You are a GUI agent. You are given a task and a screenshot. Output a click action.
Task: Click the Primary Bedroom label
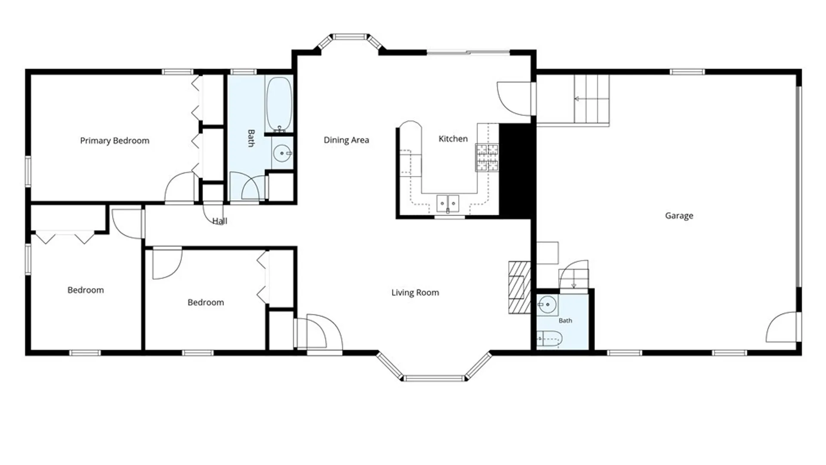114,141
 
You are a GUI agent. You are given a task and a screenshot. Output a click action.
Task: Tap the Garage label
679,216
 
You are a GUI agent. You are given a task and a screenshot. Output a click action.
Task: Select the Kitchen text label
453,139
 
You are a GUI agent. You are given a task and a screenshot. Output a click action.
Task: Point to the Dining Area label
346,140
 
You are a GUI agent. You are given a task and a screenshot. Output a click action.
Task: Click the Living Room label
415,293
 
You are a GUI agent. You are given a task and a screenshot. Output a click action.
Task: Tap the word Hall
219,221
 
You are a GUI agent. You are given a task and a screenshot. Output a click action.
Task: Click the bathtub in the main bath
279,104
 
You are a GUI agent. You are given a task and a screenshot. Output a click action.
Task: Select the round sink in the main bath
282,153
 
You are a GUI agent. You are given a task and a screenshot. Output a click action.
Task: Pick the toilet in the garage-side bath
549,339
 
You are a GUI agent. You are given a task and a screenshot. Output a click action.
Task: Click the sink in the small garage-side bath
547,305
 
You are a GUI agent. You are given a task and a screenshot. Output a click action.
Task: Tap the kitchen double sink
448,204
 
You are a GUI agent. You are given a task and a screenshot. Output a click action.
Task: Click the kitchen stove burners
487,158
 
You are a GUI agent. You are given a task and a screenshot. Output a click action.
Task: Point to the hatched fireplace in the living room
520,287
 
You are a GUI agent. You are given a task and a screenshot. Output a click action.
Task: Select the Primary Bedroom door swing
179,186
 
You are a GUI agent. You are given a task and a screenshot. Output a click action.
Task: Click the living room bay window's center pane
434,378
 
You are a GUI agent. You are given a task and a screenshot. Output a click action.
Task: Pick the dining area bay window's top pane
350,37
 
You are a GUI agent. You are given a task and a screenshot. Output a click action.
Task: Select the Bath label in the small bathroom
565,321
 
